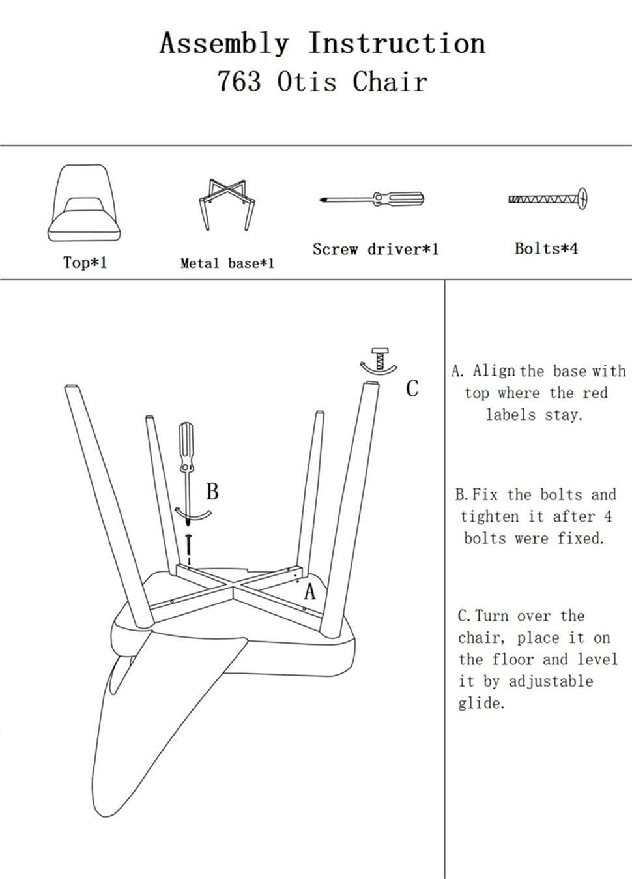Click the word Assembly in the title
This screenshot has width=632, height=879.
pyautogui.click(x=223, y=44)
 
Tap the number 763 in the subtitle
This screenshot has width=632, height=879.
pyautogui.click(x=239, y=82)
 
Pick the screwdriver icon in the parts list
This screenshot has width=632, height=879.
pyautogui.click(x=371, y=198)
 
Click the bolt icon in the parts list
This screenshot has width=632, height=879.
pyautogui.click(x=547, y=198)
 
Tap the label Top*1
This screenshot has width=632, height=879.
pyautogui.click(x=84, y=262)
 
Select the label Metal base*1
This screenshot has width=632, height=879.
pyautogui.click(x=227, y=263)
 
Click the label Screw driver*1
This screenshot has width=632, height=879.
pyautogui.click(x=375, y=249)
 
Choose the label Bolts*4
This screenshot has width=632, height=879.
pyautogui.click(x=546, y=248)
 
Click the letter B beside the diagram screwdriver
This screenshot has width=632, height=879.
pyautogui.click(x=212, y=491)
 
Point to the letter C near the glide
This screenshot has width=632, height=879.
pyautogui.click(x=412, y=389)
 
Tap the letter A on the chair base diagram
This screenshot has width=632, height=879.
pyautogui.click(x=309, y=591)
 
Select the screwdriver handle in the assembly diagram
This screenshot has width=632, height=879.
pyautogui.click(x=186, y=446)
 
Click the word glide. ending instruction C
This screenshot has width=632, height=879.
pyautogui.click(x=481, y=703)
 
